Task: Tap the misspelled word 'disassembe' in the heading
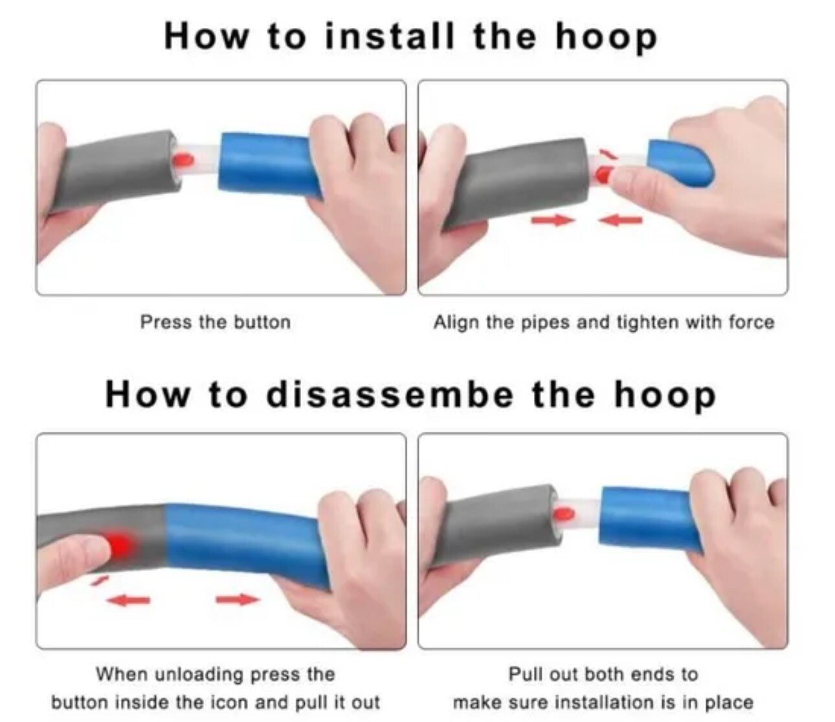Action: click(388, 394)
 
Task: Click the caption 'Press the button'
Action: click(215, 322)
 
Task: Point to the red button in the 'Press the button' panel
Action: click(184, 158)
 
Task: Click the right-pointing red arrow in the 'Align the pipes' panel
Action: click(553, 221)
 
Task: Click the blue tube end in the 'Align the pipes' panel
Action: click(680, 162)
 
